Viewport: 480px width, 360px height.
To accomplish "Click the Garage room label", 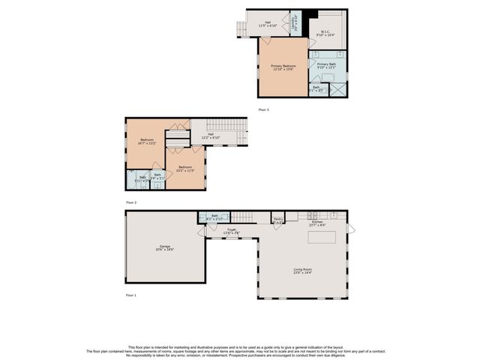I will pyautogui.click(x=166, y=247).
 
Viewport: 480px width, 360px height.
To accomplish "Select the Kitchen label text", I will pyautogui.click(x=317, y=223).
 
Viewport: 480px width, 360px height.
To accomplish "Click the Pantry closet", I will pyautogui.click(x=277, y=220).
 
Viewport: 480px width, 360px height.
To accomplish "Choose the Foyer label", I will pyautogui.click(x=231, y=231).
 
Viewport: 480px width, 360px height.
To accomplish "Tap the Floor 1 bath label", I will pyautogui.click(x=214, y=217).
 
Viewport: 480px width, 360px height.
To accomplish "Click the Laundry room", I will pyautogui.click(x=294, y=24).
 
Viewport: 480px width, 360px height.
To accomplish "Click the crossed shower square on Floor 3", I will pyautogui.click(x=338, y=88).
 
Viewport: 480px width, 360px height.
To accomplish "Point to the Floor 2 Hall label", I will pyautogui.click(x=211, y=136).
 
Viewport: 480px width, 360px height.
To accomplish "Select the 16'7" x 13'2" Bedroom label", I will pyautogui.click(x=147, y=142).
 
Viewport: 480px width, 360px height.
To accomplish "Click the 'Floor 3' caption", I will pyautogui.click(x=263, y=110).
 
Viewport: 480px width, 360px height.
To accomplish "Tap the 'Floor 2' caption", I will pyautogui.click(x=131, y=202).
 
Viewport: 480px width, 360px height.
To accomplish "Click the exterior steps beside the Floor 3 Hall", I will pyautogui.click(x=241, y=28).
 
